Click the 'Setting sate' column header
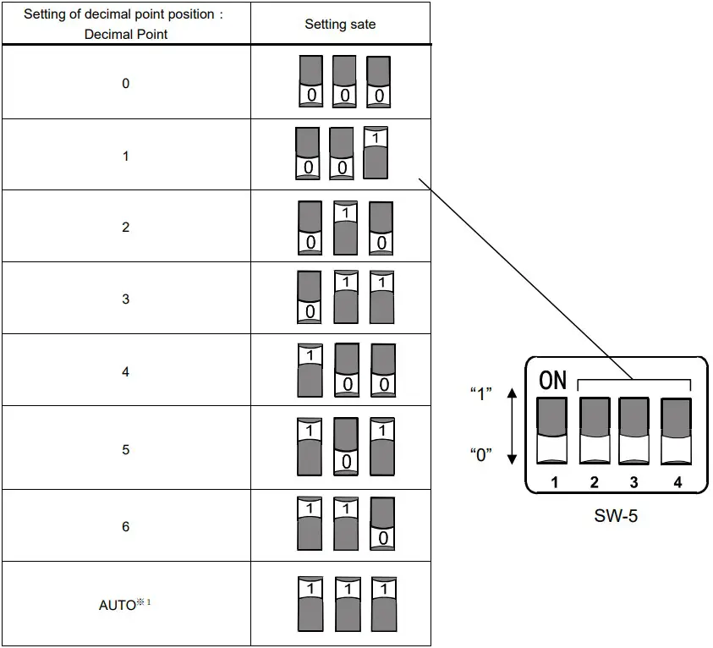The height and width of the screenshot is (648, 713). click(x=339, y=25)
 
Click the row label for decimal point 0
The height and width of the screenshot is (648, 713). click(x=126, y=83)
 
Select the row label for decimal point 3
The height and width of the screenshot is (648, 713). click(x=126, y=299)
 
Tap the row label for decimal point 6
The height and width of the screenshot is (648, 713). click(x=126, y=526)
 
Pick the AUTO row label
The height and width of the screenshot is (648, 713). click(x=118, y=605)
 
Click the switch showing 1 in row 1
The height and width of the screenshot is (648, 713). click(x=376, y=153)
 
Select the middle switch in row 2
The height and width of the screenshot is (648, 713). click(x=346, y=228)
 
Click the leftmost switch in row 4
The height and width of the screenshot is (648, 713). click(x=310, y=370)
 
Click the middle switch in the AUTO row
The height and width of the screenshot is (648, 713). click(x=347, y=603)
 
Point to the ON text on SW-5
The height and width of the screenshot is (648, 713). click(x=552, y=381)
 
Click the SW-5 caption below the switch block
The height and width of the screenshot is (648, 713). click(x=615, y=515)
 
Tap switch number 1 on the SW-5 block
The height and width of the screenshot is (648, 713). click(x=553, y=430)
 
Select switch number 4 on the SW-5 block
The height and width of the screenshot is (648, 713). click(x=676, y=430)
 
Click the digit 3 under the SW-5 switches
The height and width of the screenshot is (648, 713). click(x=633, y=482)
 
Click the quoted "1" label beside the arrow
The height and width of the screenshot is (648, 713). click(x=480, y=394)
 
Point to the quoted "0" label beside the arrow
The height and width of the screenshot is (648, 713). click(x=480, y=454)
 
